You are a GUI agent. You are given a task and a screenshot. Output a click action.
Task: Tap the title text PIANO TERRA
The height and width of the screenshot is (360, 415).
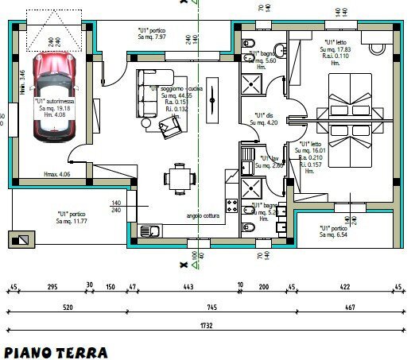coord(56,351)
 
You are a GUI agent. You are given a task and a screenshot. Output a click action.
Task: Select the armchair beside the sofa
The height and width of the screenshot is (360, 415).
coord(169,126)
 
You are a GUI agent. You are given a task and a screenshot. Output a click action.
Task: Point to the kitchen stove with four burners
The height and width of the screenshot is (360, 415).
coord(232,207)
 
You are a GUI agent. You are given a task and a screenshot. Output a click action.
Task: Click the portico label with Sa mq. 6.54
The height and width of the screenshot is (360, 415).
coord(335,231)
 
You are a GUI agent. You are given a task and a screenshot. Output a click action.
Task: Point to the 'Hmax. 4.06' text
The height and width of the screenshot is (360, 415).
coord(57,174)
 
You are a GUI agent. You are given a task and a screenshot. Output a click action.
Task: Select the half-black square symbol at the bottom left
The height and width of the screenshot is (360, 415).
coord(21,239)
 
